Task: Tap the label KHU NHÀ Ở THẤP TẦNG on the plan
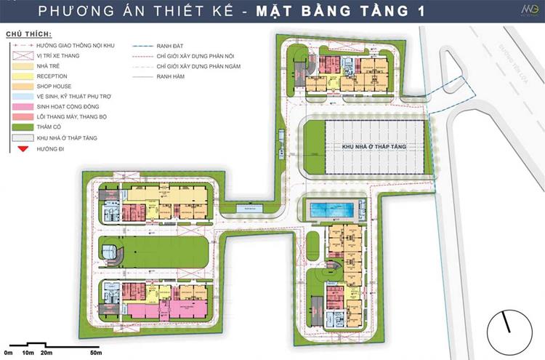click(374, 147)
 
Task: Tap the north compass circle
click(506, 325)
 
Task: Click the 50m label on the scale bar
click(95, 353)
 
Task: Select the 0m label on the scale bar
click(8, 353)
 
